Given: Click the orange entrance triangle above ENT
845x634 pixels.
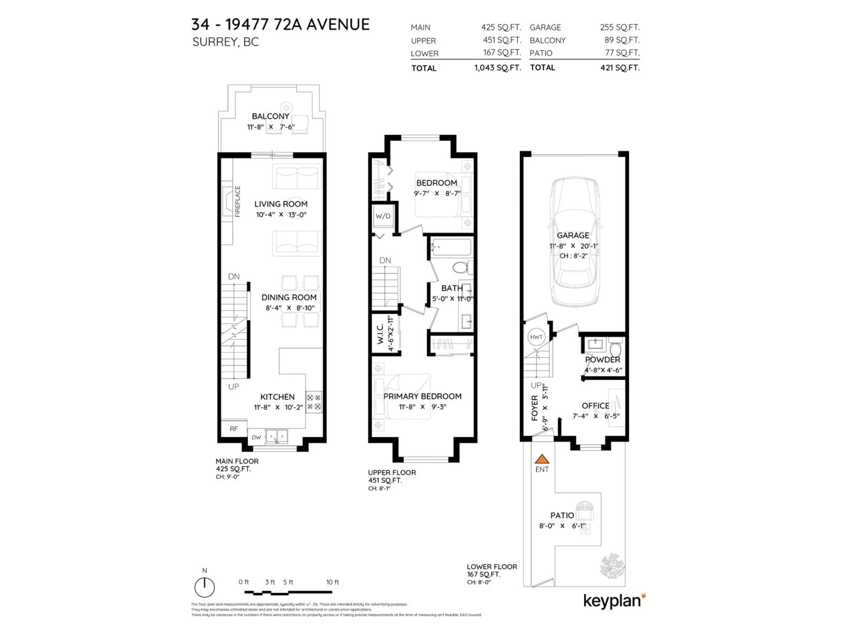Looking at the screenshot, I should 542,459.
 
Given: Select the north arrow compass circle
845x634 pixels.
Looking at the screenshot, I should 204,587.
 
